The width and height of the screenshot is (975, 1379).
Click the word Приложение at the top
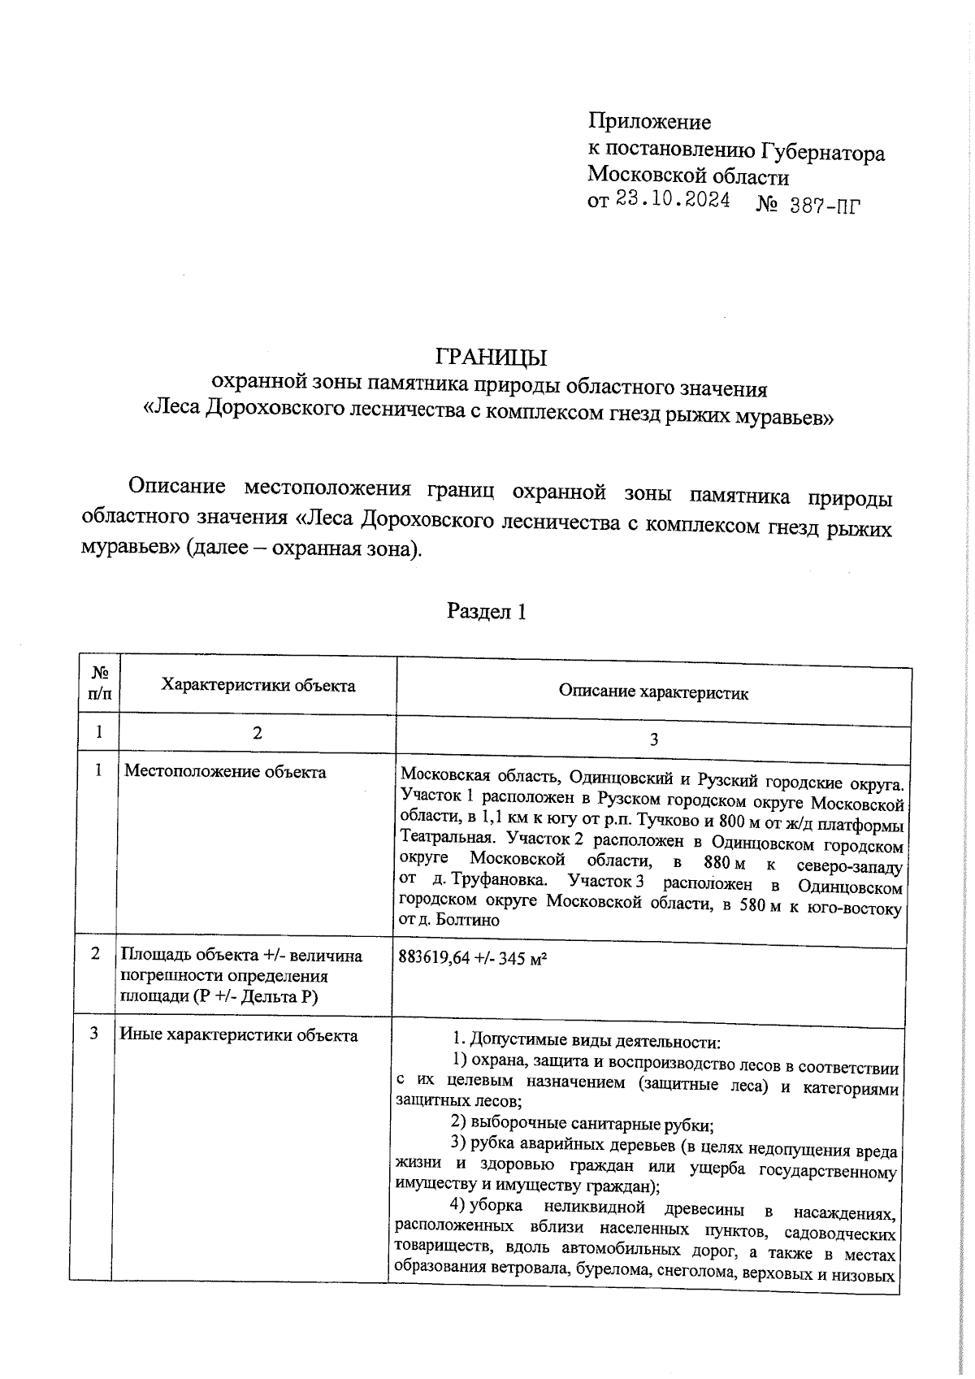(x=649, y=122)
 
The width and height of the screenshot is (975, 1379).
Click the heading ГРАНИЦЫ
(x=491, y=358)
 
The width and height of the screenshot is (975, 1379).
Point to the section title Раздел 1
(x=487, y=611)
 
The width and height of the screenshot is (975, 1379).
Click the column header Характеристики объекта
(x=258, y=685)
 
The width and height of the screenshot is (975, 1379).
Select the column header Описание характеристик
(x=653, y=692)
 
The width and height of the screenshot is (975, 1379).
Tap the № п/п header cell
(x=99, y=683)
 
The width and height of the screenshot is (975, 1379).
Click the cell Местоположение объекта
(x=225, y=771)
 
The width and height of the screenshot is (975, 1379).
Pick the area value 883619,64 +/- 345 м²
(x=472, y=958)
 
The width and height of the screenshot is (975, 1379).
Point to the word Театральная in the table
(x=444, y=838)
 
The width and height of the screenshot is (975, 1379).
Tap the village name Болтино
(x=468, y=921)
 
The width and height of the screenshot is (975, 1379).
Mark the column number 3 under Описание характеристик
(x=653, y=739)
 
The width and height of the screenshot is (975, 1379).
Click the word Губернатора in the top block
(x=822, y=153)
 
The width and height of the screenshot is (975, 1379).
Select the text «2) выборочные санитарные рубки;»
(x=582, y=1125)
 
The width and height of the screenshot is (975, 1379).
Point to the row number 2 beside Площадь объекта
(x=95, y=954)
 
